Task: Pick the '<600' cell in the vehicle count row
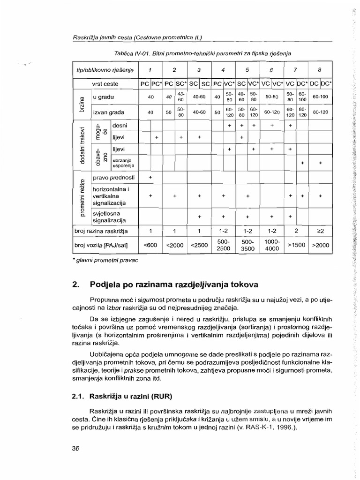[150, 245]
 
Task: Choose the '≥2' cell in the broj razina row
[320, 231]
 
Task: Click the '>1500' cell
[296, 245]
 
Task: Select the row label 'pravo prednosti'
[113, 178]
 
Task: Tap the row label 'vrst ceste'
[105, 84]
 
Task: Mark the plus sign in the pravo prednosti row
[150, 178]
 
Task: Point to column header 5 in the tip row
[247, 70]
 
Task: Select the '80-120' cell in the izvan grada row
[320, 112]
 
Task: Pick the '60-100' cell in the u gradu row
[320, 97]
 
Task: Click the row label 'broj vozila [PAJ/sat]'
[101, 245]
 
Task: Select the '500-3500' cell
[247, 245]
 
